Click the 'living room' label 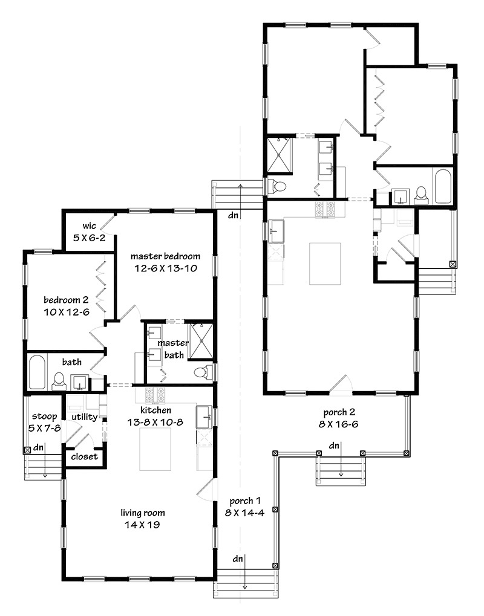point(142,513)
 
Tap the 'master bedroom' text point(165,256)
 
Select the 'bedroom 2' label point(66,300)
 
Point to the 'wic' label point(90,226)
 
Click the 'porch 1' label point(245,501)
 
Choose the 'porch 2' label point(339,412)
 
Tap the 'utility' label point(85,417)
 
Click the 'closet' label point(85,456)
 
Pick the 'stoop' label point(44,417)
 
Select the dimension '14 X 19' point(142,525)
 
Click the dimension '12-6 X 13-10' point(166,269)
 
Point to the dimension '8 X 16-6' point(339,424)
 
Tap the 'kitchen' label point(155,410)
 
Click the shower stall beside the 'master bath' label point(201,341)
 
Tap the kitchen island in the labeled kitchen point(155,449)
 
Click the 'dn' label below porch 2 point(334,446)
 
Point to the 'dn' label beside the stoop point(38,447)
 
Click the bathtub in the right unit point(443,186)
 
